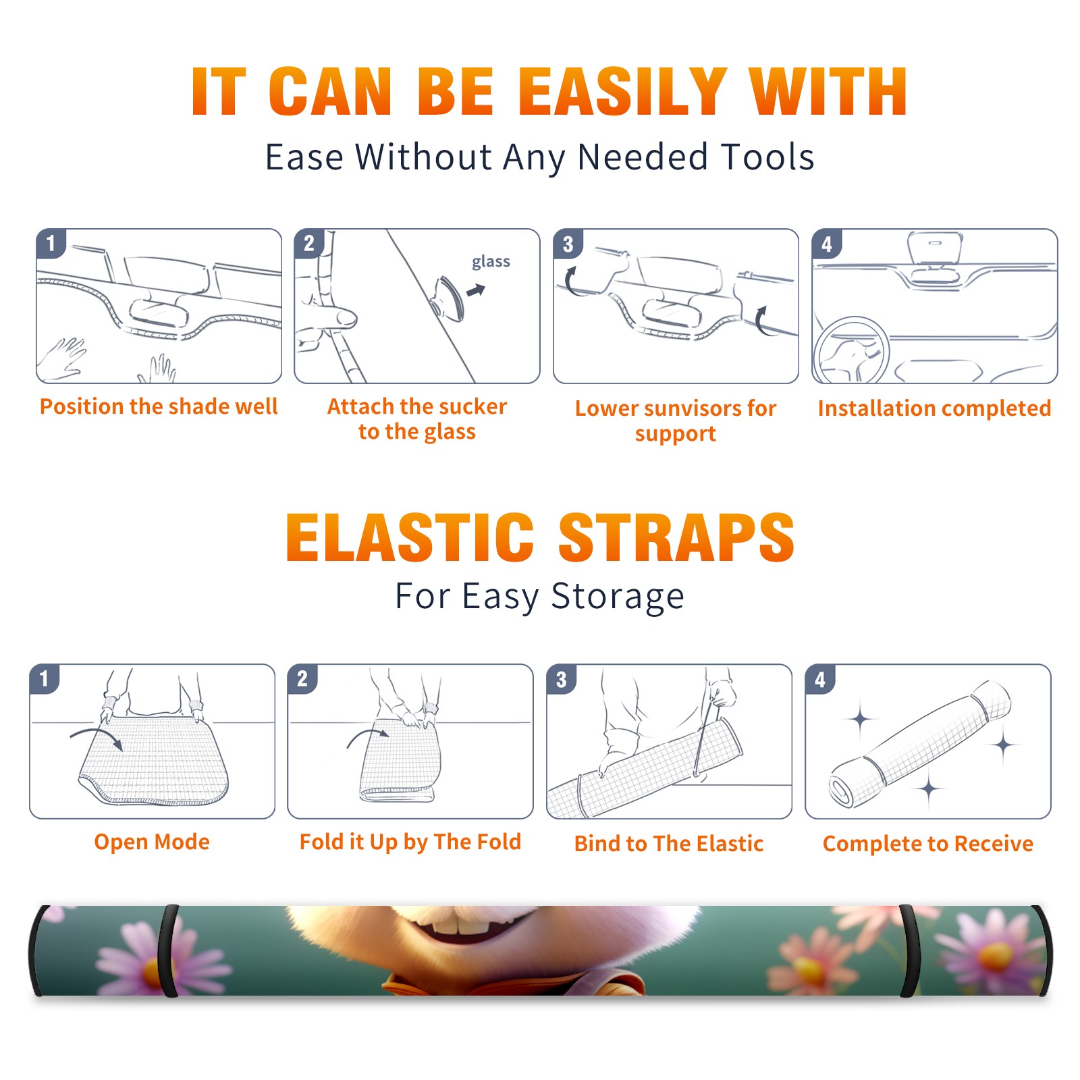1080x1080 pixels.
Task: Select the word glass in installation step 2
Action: [x=491, y=261]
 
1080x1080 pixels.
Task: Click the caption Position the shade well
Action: [x=159, y=406]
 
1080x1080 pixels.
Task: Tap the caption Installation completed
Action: [x=934, y=408]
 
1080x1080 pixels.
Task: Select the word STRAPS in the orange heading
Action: [x=676, y=537]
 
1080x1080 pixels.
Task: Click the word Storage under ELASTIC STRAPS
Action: [x=618, y=596]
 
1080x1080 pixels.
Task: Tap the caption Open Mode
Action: [x=152, y=842]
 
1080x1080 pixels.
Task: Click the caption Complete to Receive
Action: [x=928, y=844]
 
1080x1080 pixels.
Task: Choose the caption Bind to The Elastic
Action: [x=669, y=844]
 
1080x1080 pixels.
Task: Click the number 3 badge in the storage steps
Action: [x=561, y=679]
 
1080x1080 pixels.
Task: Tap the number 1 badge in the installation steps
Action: [x=51, y=243]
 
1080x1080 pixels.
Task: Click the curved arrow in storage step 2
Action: [x=368, y=736]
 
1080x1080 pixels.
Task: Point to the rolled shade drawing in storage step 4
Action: [x=921, y=744]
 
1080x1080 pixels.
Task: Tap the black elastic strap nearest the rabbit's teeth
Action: [x=167, y=951]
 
